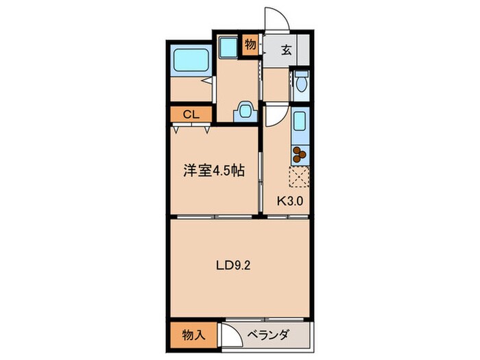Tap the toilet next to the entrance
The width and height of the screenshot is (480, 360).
tap(301, 84)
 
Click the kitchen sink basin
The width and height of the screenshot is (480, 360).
tap(299, 124)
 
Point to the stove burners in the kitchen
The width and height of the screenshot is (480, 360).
tap(300, 156)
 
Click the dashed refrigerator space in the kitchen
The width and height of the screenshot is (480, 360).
tap(299, 178)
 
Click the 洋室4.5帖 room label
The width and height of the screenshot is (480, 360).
tap(213, 171)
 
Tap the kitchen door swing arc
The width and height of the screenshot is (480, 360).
tap(274, 115)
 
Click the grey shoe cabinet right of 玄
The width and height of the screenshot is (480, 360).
tap(305, 49)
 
